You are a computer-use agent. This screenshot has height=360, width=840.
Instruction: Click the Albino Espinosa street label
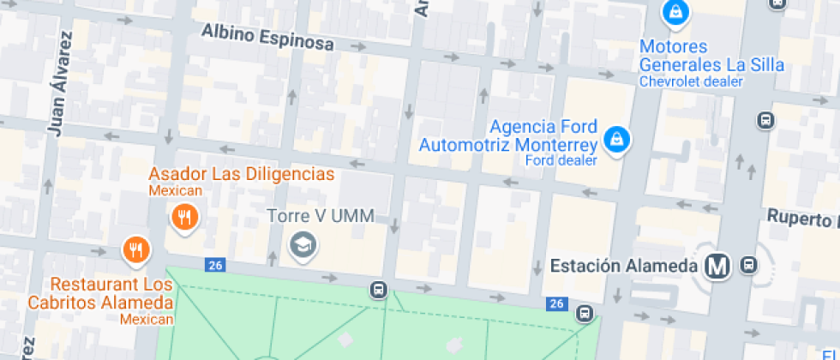pyautogui.click(x=267, y=38)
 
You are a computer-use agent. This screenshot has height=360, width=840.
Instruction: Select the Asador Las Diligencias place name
pyautogui.click(x=241, y=174)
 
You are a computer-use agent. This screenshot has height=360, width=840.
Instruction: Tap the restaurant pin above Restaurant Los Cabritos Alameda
pyautogui.click(x=135, y=249)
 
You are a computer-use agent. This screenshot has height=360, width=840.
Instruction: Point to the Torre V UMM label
pyautogui.click(x=321, y=216)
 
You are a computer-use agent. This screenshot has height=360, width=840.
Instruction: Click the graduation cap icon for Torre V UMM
pyautogui.click(x=303, y=246)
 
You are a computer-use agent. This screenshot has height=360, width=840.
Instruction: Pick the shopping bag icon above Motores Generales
pyautogui.click(x=675, y=12)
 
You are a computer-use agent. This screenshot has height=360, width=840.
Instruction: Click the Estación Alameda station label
pyautogui.click(x=623, y=266)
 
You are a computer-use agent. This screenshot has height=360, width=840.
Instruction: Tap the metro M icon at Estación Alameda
pyautogui.click(x=717, y=267)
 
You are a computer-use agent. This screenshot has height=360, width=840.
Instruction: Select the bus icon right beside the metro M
pyautogui.click(x=749, y=266)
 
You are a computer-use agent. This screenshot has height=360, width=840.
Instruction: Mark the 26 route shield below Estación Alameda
pyautogui.click(x=557, y=303)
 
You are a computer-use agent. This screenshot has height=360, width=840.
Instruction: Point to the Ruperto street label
pyautogui.click(x=802, y=218)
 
